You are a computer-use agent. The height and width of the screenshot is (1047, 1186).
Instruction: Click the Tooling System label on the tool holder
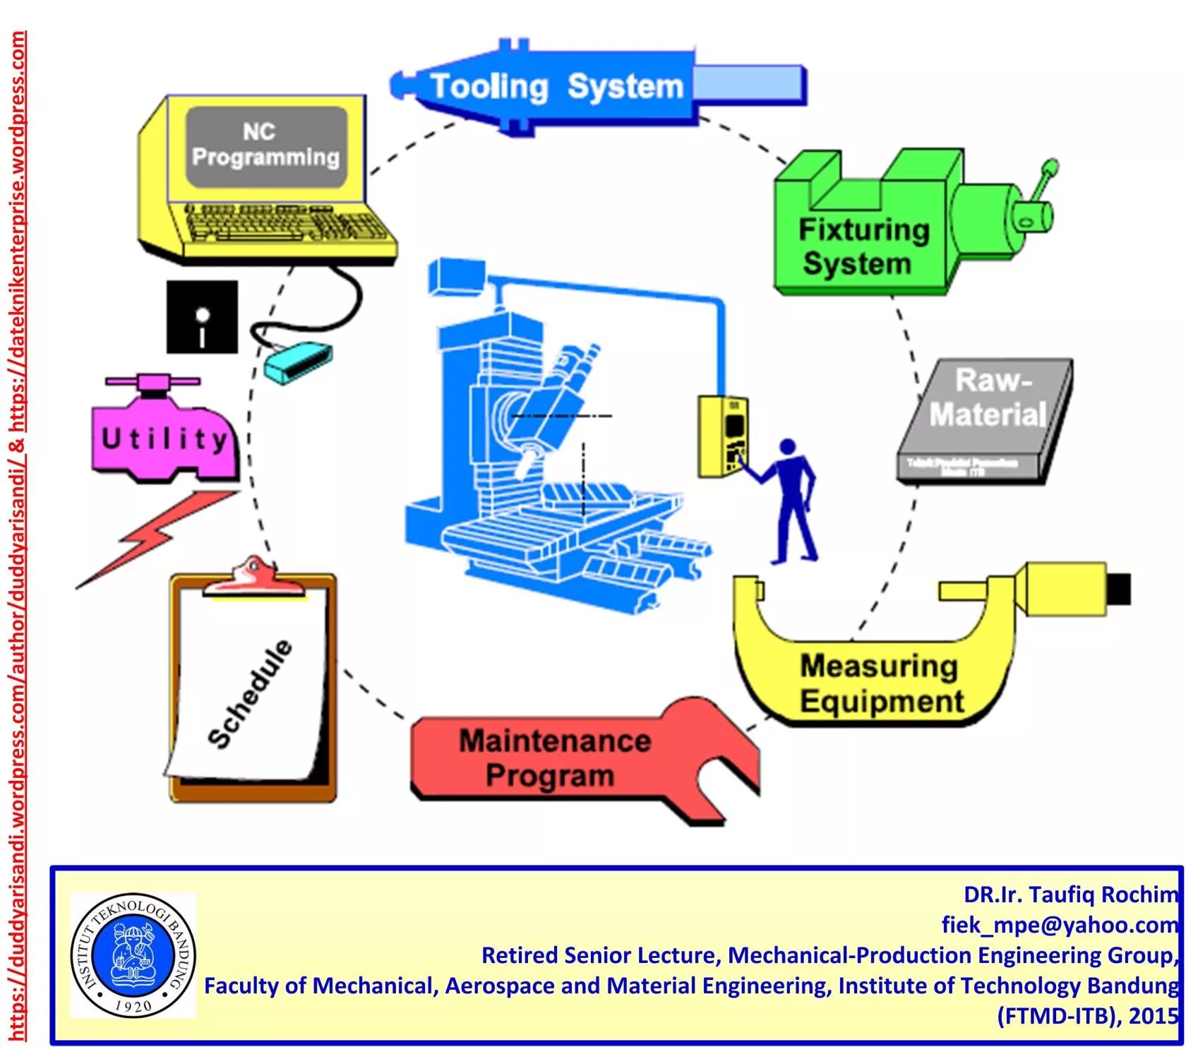[556, 87]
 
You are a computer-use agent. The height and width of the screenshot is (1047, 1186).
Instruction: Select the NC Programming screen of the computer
[266, 146]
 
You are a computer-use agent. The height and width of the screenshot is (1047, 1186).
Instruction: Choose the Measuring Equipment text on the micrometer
[881, 683]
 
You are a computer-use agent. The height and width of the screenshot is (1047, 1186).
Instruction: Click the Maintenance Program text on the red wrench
[554, 758]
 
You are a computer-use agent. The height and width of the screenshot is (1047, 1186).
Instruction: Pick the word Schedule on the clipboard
[251, 693]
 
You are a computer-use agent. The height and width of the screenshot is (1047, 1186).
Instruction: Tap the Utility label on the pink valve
[164, 439]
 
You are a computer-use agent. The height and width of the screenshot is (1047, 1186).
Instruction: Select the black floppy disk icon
[202, 317]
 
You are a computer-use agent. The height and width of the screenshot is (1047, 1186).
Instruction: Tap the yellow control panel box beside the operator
[723, 436]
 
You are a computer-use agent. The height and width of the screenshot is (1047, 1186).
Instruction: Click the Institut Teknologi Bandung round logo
[133, 955]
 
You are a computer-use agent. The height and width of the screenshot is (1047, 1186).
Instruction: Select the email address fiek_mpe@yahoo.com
[1059, 924]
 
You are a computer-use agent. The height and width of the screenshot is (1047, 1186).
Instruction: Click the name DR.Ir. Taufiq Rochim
[1070, 895]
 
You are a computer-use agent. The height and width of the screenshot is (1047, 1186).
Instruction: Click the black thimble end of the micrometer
[1119, 588]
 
